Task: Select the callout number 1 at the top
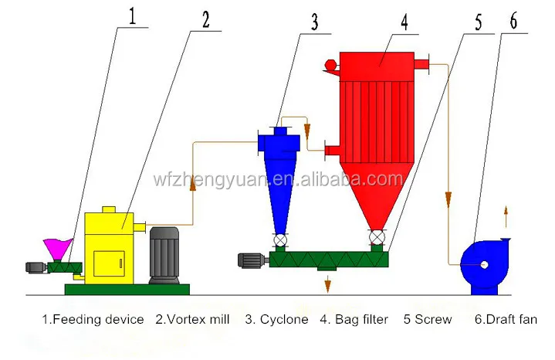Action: [133, 17]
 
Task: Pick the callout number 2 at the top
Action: [205, 19]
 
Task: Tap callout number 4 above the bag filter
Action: [403, 19]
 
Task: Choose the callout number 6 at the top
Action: [513, 21]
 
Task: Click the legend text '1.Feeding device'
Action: [93, 319]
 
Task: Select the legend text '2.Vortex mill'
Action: [193, 319]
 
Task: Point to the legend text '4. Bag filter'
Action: [354, 319]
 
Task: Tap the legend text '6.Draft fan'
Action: [506, 319]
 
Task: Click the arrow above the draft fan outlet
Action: [506, 212]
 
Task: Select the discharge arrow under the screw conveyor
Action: [327, 284]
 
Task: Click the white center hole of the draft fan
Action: [483, 265]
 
